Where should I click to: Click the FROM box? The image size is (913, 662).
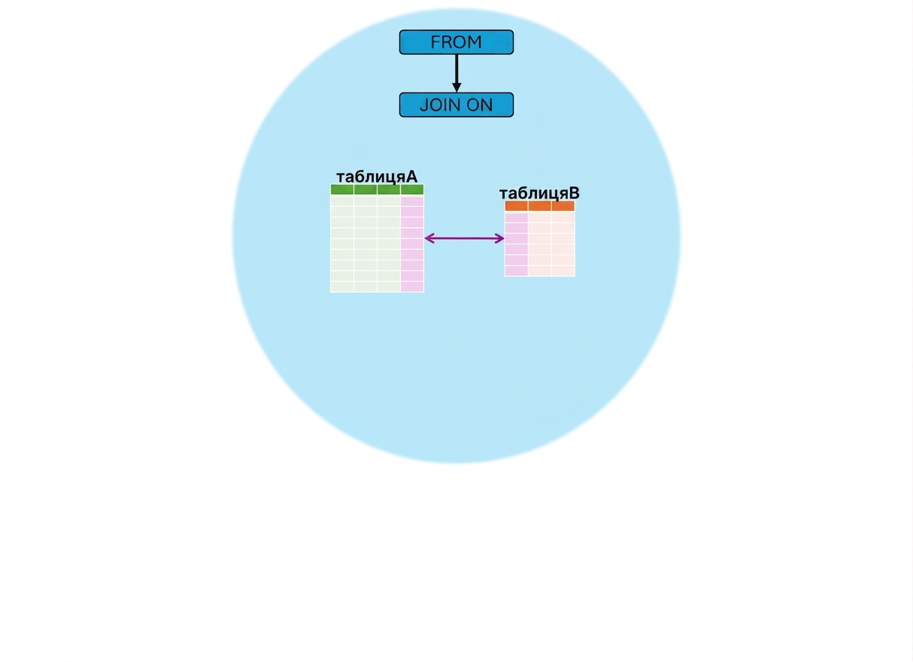point(456,42)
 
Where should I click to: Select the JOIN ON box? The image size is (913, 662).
point(456,105)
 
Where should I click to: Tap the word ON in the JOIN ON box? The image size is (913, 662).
point(479,105)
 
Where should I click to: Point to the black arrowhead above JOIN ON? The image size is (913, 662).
point(456,87)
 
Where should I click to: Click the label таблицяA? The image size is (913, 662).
point(377,177)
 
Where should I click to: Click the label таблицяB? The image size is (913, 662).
point(539,193)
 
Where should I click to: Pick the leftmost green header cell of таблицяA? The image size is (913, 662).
point(342,190)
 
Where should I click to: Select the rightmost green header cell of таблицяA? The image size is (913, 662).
point(412,190)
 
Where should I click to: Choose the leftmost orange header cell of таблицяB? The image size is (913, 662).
point(517,206)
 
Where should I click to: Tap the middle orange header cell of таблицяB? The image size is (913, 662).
point(540,206)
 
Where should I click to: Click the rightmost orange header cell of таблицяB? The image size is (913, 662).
point(563,206)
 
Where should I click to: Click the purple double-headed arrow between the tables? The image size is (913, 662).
point(464,238)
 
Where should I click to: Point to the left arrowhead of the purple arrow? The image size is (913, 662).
point(429,238)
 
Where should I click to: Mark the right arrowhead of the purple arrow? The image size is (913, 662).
point(499,238)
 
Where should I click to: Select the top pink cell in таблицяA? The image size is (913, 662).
point(412,202)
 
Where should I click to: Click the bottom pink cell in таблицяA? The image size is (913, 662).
point(412,287)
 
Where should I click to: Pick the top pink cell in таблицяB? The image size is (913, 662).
point(517,217)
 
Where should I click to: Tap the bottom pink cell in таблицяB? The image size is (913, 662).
point(517,271)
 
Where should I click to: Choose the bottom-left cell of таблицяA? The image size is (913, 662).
point(342,287)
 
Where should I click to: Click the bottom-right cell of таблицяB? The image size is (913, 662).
point(563,271)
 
